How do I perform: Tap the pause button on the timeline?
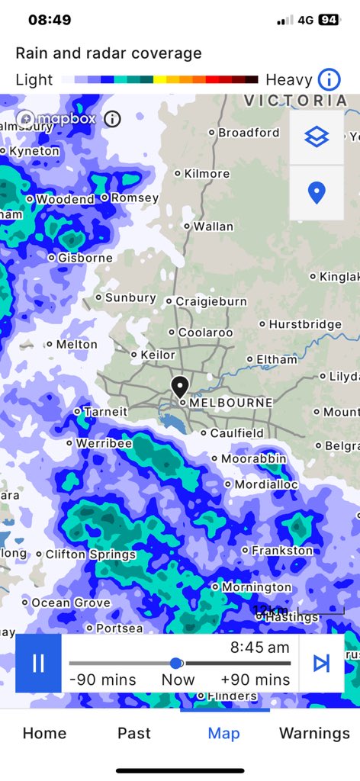pos(38,664)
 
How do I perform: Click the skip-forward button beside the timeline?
pos(321,664)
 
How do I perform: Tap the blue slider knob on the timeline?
pos(176,663)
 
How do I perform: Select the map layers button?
pos(317,137)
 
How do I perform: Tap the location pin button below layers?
pos(317,193)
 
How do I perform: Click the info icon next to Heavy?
pos(329,79)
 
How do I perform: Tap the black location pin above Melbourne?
pos(180,387)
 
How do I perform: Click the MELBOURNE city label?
pos(230,402)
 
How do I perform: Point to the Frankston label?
pos(282,550)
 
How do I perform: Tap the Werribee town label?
pos(104,443)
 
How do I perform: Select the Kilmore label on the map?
pos(207,174)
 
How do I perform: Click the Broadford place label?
pos(249,133)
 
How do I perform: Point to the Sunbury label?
pos(130,297)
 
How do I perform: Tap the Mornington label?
pos(256,587)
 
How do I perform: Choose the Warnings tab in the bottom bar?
pos(314,734)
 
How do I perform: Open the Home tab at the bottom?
pos(44,734)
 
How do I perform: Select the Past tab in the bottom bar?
pos(134,734)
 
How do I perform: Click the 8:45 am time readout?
pos(260,648)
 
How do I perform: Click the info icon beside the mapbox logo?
pos(112,119)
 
